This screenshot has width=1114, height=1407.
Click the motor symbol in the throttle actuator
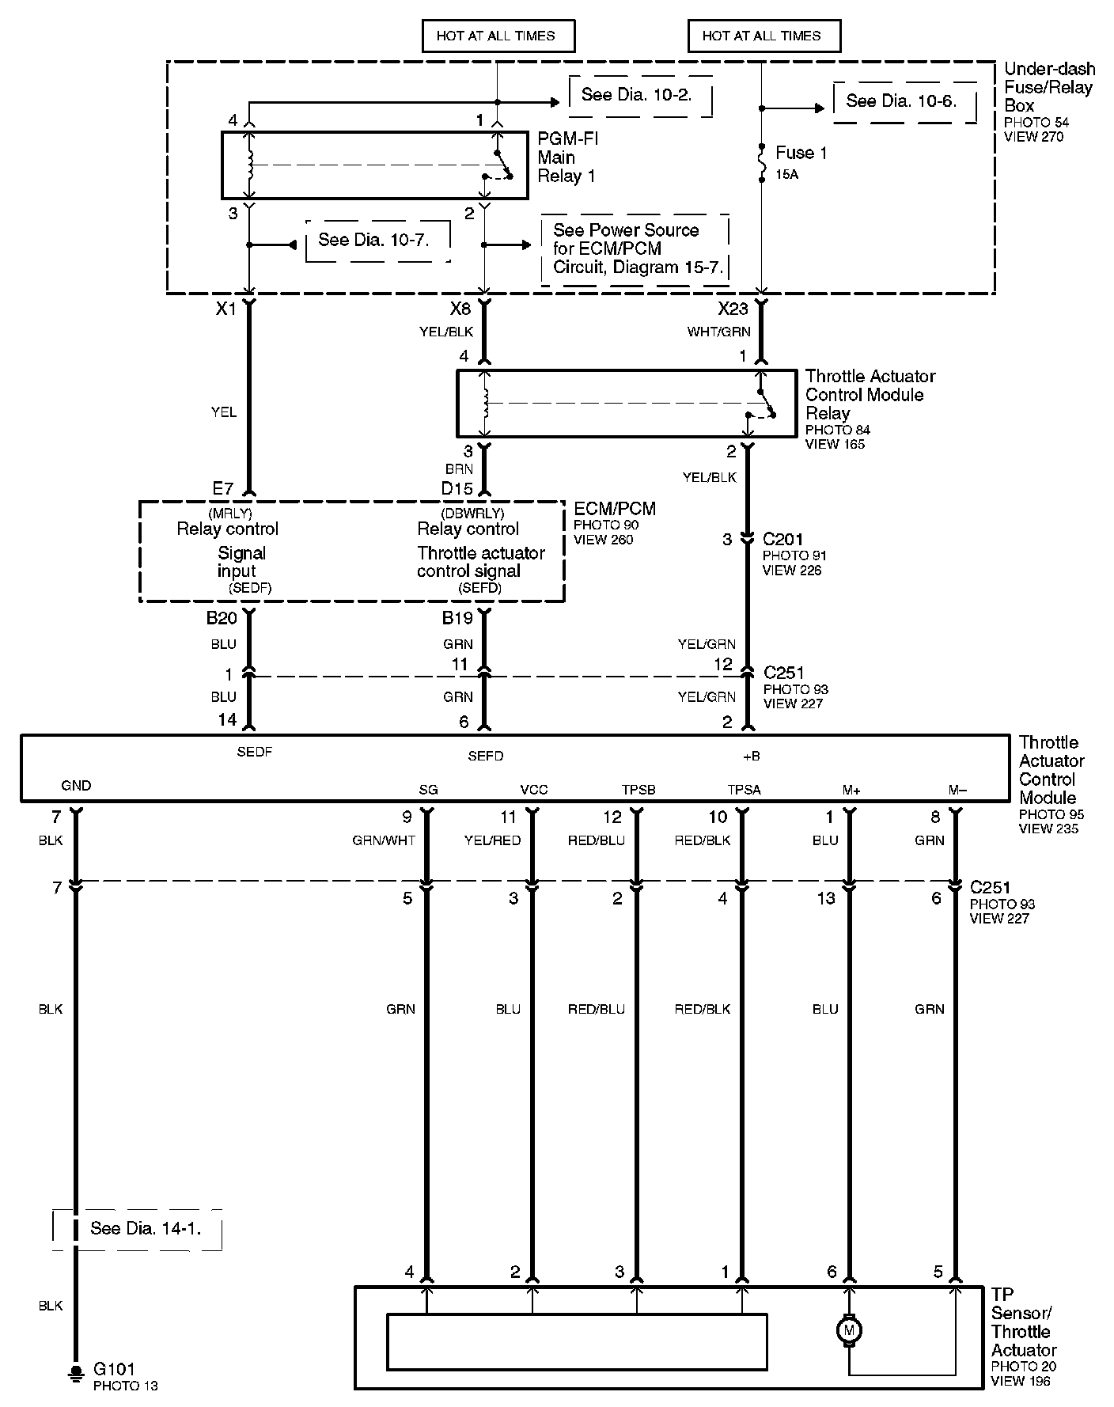pos(849,1330)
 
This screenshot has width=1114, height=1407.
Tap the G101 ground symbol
pos(76,1371)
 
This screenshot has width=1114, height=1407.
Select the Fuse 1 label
pos(801,153)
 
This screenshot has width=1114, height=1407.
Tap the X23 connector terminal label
pos(732,309)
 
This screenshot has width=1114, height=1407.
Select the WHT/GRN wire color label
pos(718,332)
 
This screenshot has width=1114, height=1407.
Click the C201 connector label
pos(782,539)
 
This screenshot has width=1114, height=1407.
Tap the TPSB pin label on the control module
pos(638,790)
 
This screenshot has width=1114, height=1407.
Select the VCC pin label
pos(533,790)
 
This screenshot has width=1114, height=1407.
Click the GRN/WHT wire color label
pos(384,840)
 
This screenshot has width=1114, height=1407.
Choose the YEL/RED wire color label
pos(492,840)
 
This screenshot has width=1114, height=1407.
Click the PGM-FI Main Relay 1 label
pos(566,157)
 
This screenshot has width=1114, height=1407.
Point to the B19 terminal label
pos(457,618)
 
